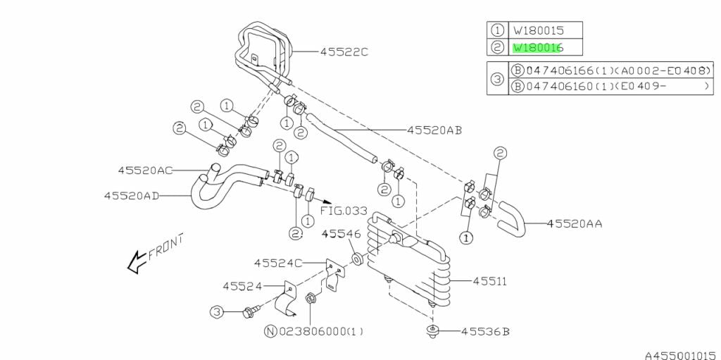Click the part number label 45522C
(x=344, y=52)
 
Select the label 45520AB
(x=434, y=130)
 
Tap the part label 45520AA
(x=574, y=223)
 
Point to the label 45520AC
(x=145, y=170)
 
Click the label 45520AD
(x=131, y=195)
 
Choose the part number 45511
(x=490, y=280)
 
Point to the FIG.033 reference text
(x=344, y=209)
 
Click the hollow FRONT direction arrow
(x=134, y=263)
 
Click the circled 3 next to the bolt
(x=217, y=311)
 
